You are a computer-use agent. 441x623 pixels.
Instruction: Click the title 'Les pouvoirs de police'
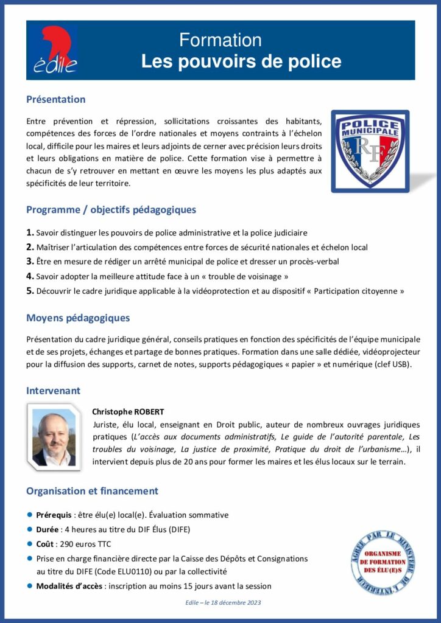pos(241,61)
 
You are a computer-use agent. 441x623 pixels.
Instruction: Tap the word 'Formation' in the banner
pos(220,40)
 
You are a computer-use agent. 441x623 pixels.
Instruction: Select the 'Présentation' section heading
pos(55,99)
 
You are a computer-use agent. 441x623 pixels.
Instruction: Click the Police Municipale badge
pos(370,151)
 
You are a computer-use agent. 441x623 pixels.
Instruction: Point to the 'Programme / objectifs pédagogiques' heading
pos(111,210)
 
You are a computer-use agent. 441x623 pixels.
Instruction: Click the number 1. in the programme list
pos(30,232)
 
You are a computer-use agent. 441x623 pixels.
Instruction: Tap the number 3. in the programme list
pos(30,262)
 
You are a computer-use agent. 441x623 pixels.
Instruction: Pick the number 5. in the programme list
pos(30,291)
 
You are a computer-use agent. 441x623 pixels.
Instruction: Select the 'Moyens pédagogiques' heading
pos(77,318)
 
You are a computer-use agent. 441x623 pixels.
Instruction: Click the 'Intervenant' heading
pos(53,390)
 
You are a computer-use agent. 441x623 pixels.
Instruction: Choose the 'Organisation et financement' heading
pos(92,490)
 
